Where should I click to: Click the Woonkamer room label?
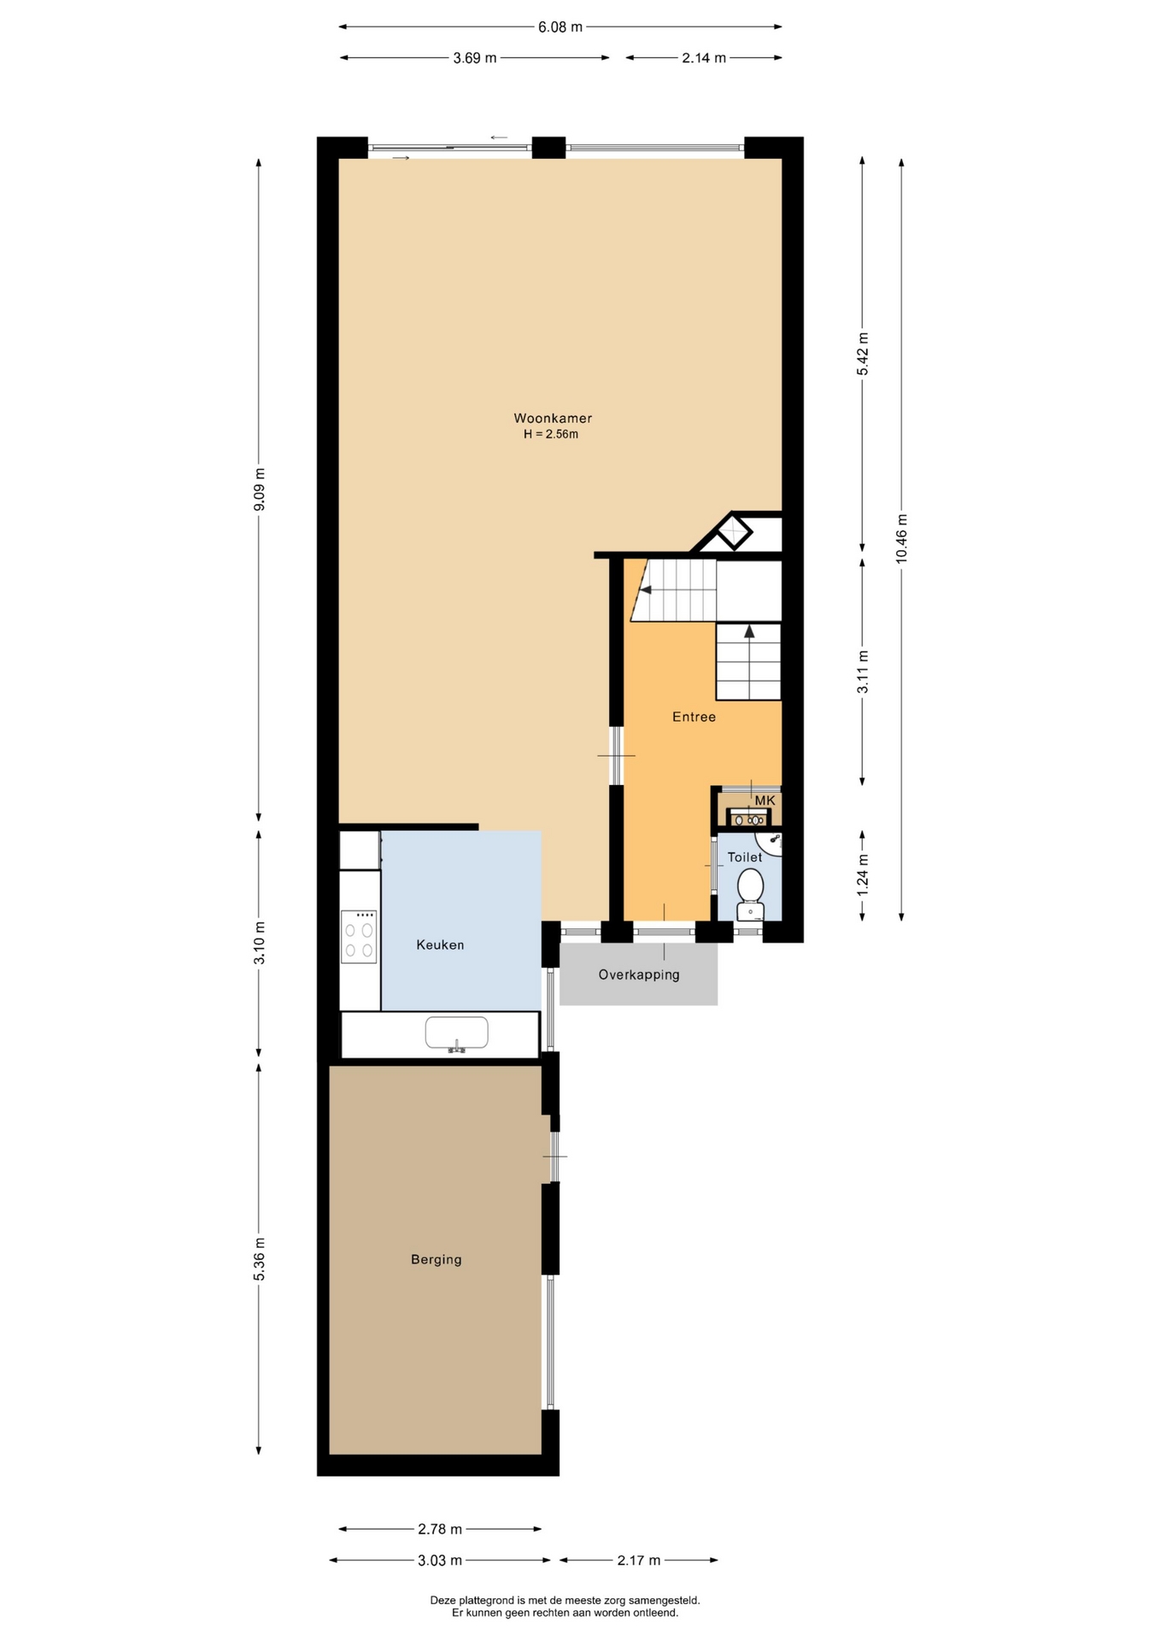pyautogui.click(x=553, y=419)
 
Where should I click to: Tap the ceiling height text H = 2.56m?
pyautogui.click(x=551, y=434)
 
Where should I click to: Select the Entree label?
pyautogui.click(x=694, y=717)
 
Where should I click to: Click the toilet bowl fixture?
pyautogui.click(x=751, y=894)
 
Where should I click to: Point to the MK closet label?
pyautogui.click(x=765, y=800)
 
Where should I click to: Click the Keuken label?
pyautogui.click(x=440, y=945)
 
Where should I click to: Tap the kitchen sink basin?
pyautogui.click(x=457, y=1033)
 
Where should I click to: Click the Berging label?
pyautogui.click(x=436, y=1259)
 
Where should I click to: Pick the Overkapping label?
pyautogui.click(x=639, y=975)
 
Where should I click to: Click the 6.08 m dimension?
pyautogui.click(x=560, y=26)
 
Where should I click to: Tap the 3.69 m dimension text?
pyautogui.click(x=474, y=58)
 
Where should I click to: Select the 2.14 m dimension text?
pyautogui.click(x=704, y=58)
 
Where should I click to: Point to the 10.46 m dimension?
pyautogui.click(x=902, y=539)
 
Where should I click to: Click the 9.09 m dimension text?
pyautogui.click(x=260, y=489)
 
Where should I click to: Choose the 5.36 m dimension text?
pyautogui.click(x=260, y=1259)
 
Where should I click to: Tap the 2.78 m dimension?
pyautogui.click(x=440, y=1529)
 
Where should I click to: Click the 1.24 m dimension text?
pyautogui.click(x=863, y=875)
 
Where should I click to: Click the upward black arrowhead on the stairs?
pyautogui.click(x=749, y=631)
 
